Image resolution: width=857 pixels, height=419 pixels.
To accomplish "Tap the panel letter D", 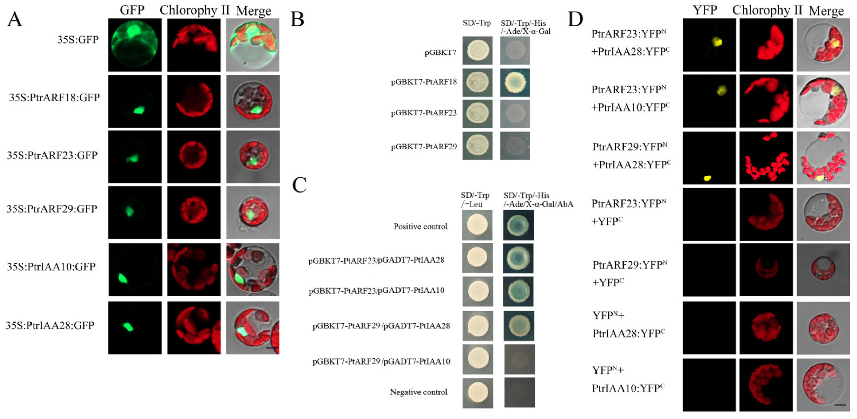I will (576, 19).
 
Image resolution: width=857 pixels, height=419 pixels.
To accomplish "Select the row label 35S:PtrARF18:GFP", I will (54, 98).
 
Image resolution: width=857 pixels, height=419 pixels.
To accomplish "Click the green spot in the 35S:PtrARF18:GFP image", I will (139, 110).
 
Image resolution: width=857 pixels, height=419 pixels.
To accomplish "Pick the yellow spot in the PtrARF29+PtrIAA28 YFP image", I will (707, 178).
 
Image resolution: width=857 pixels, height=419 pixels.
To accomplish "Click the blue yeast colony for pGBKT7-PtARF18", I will (515, 83).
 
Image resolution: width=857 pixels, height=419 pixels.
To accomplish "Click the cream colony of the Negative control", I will (478, 392).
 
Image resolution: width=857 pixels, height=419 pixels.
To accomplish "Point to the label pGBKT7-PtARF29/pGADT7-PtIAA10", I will (381, 361).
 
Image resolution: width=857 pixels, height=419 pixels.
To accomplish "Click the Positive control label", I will (420, 227).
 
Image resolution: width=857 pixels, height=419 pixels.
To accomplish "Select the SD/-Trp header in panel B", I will (477, 23).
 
